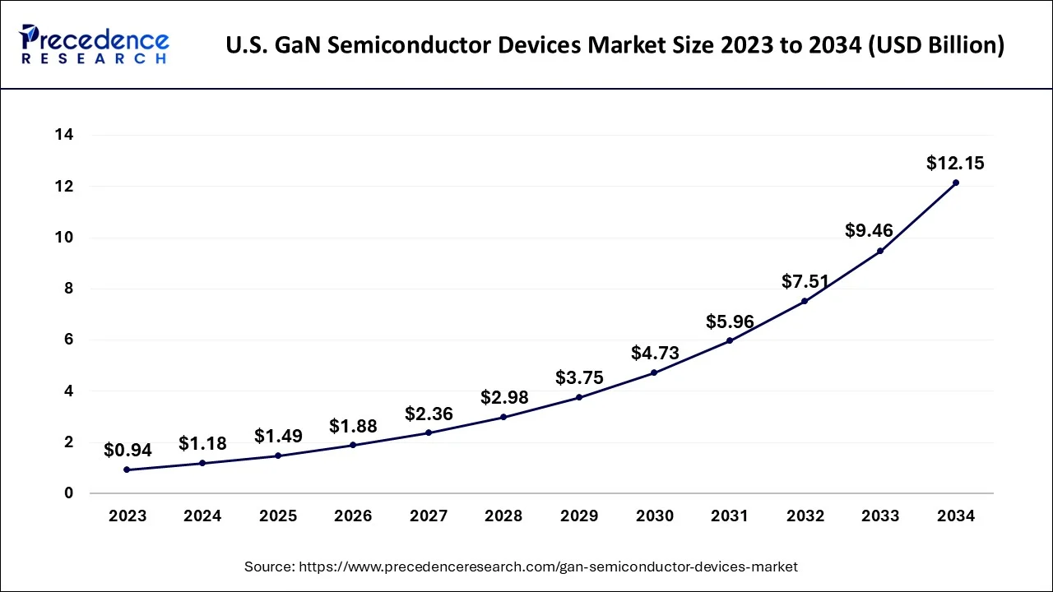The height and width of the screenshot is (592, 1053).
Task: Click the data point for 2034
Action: click(x=955, y=183)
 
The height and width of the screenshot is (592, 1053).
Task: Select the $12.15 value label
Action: click(x=955, y=163)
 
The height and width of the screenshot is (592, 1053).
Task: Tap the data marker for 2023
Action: click(x=127, y=469)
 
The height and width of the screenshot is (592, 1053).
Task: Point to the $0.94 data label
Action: click(x=127, y=450)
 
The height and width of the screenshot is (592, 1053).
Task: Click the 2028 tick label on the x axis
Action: click(x=503, y=516)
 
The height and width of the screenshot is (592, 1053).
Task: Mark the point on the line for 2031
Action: click(x=730, y=340)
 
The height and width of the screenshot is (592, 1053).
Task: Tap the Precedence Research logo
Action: click(x=95, y=45)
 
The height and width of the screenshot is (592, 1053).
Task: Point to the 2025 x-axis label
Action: click(x=278, y=516)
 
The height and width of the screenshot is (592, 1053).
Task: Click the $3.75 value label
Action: click(x=579, y=377)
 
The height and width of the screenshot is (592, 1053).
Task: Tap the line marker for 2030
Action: click(x=654, y=372)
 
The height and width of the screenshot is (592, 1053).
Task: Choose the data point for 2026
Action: click(x=353, y=445)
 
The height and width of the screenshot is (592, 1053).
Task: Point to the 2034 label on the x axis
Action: click(x=955, y=516)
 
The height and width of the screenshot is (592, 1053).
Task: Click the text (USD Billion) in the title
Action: click(x=935, y=46)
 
